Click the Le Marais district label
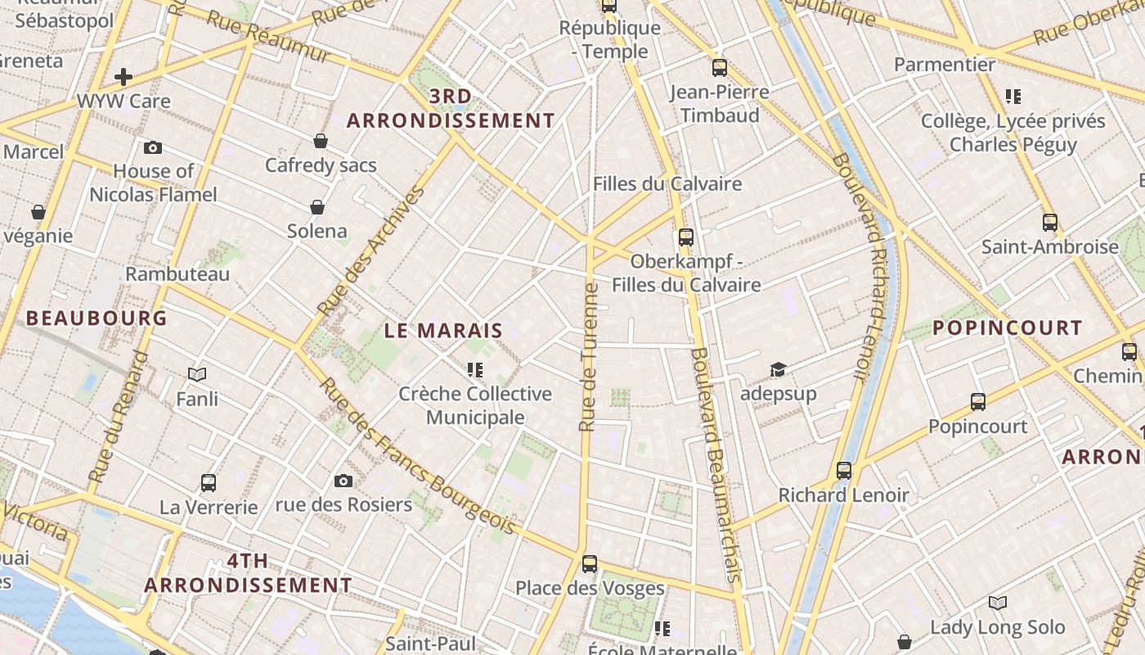tap(443, 331)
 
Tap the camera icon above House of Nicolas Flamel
tap(153, 148)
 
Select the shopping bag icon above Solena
tap(317, 207)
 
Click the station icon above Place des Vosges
tap(590, 563)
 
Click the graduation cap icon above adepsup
tap(777, 370)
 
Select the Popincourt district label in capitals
tap(1007, 328)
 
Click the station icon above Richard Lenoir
tap(844, 471)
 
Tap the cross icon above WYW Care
tap(123, 77)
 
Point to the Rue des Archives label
tap(372, 251)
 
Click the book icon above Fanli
tap(197, 375)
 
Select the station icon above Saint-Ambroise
tap(1050, 222)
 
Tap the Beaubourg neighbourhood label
tap(97, 318)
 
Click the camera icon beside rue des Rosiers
tap(343, 481)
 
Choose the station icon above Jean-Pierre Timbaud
tap(720, 68)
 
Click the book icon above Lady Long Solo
tap(998, 603)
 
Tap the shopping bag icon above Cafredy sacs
tap(321, 141)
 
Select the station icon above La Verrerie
tap(209, 483)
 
